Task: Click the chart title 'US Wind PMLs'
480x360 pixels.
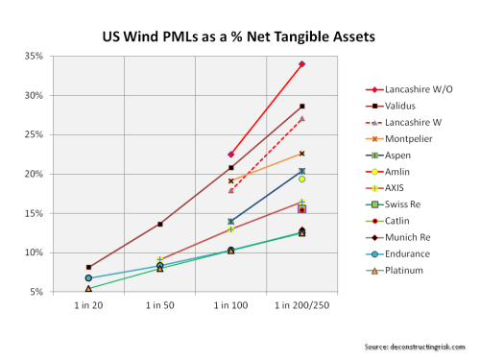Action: coord(239,38)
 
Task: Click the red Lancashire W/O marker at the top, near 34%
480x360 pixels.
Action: coord(301,64)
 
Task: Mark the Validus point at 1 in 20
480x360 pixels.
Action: coord(88,268)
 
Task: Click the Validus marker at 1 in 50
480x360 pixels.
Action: coord(159,225)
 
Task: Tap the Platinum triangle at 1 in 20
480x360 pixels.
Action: coord(88,288)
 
